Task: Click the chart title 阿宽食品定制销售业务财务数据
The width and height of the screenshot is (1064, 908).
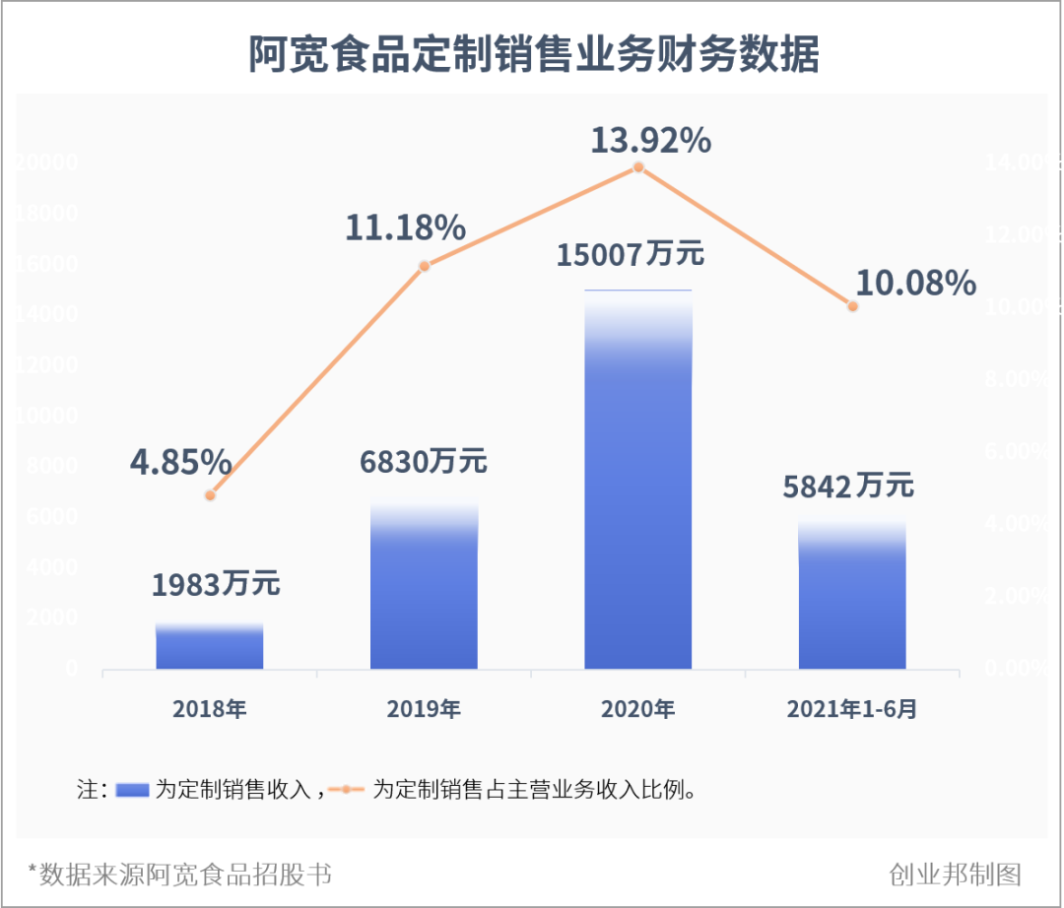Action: (x=533, y=55)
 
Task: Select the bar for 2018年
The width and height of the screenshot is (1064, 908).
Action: (x=209, y=647)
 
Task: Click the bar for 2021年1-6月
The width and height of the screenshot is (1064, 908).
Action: (x=852, y=597)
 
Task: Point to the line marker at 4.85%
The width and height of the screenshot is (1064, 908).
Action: (x=210, y=494)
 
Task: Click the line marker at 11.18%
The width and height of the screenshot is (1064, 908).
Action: (x=424, y=266)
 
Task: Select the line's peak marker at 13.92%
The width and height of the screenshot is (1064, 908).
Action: (x=638, y=167)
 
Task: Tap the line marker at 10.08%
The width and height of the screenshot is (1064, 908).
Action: (x=853, y=305)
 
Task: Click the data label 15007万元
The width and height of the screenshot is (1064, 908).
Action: (x=631, y=255)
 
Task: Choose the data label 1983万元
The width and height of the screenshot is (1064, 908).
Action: (x=216, y=584)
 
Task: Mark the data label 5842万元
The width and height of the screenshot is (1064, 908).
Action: (x=848, y=486)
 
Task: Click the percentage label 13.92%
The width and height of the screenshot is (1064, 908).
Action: (x=650, y=141)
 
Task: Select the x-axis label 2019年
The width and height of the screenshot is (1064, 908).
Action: (x=424, y=708)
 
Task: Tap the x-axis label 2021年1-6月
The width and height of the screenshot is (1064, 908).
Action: (x=852, y=708)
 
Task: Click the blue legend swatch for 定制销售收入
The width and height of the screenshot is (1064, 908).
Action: (x=132, y=790)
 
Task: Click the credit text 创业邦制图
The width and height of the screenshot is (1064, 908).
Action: (x=955, y=874)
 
